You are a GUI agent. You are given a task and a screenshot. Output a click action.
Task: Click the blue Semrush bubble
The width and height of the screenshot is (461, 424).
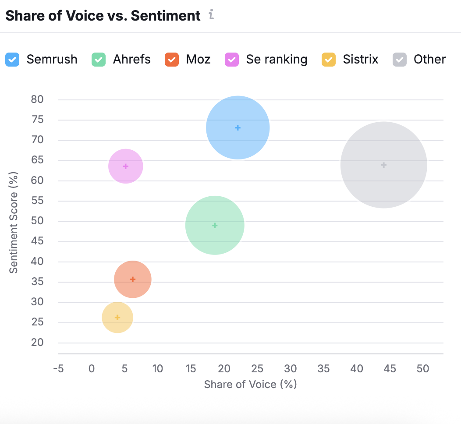tap(238, 127)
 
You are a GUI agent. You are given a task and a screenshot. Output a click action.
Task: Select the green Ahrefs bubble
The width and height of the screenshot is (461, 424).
tap(215, 225)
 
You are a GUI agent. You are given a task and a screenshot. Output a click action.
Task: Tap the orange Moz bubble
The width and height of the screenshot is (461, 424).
tap(133, 279)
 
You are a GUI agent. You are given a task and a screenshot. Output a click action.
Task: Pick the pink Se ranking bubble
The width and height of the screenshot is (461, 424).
tap(126, 166)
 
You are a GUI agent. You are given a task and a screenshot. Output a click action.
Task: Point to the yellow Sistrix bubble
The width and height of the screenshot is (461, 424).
tap(117, 317)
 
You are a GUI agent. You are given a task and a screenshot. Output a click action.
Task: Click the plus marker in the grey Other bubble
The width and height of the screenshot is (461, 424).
tap(384, 165)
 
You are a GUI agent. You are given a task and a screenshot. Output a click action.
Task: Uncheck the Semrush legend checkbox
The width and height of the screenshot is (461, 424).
tap(12, 59)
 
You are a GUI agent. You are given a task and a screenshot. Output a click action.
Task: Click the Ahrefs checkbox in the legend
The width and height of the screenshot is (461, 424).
tap(99, 59)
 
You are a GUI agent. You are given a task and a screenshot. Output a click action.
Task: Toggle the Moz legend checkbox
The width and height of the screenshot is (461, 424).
tap(172, 59)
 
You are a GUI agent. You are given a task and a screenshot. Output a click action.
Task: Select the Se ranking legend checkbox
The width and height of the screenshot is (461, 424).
tap(232, 59)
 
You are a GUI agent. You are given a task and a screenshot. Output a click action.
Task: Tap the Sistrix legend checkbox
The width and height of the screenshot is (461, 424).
tap(329, 59)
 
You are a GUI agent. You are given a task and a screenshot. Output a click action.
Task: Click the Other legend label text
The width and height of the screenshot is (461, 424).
tap(429, 59)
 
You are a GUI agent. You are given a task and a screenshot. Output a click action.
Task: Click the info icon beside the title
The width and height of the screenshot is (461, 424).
tap(211, 15)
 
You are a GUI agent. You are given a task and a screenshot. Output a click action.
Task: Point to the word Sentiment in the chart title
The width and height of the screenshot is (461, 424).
tap(166, 16)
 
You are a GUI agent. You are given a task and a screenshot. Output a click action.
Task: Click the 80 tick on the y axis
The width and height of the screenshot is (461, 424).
tap(37, 99)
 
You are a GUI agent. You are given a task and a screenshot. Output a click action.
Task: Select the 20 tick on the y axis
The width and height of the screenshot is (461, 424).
tap(37, 343)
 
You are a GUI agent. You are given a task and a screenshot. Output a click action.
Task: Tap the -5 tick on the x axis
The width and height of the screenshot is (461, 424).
tap(58, 369)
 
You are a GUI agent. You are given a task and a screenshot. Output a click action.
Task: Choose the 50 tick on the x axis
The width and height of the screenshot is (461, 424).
tap(423, 369)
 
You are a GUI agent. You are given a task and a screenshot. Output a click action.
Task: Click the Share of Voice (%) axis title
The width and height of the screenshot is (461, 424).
tap(251, 384)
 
